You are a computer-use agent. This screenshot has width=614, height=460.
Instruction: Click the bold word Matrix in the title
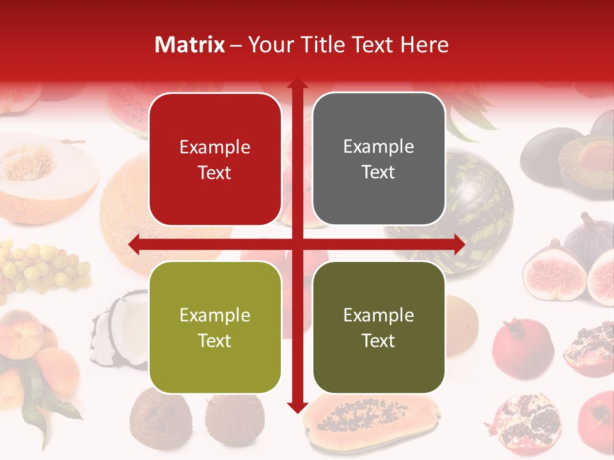(x=190, y=45)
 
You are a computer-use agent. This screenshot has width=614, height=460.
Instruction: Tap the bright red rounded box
(x=215, y=159)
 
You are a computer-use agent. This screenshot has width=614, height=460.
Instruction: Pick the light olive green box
(x=215, y=327)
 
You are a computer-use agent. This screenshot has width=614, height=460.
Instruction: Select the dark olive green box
(x=379, y=327)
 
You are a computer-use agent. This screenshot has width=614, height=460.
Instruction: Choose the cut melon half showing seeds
(x=45, y=169)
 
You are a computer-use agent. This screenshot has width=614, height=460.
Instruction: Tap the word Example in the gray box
(x=379, y=146)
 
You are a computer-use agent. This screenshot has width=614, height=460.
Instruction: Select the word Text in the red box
(x=215, y=172)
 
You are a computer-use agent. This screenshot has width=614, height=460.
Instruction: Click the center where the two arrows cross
(x=297, y=245)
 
